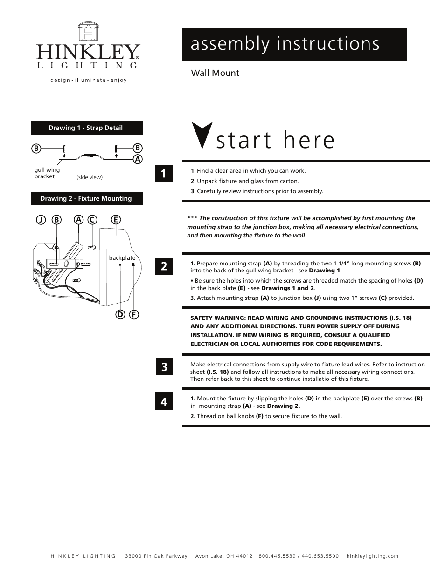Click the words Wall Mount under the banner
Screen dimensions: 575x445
click(x=215, y=73)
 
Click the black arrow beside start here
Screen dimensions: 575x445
click(x=202, y=135)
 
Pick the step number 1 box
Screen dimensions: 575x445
click(x=164, y=174)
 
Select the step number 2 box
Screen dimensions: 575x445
click(x=164, y=266)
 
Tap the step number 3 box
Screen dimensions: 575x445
click(x=164, y=367)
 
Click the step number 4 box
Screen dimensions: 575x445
click(x=164, y=401)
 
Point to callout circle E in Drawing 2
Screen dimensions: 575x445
click(x=115, y=219)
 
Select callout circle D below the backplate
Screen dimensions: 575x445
click(x=120, y=314)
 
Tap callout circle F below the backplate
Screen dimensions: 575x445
click(x=134, y=314)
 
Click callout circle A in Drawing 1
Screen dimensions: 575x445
click(x=138, y=159)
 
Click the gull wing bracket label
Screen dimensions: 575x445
click(x=47, y=173)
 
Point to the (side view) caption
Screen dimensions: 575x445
click(x=90, y=177)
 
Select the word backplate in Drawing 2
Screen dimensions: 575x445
click(x=122, y=257)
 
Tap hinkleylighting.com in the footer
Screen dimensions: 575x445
click(x=373, y=556)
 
